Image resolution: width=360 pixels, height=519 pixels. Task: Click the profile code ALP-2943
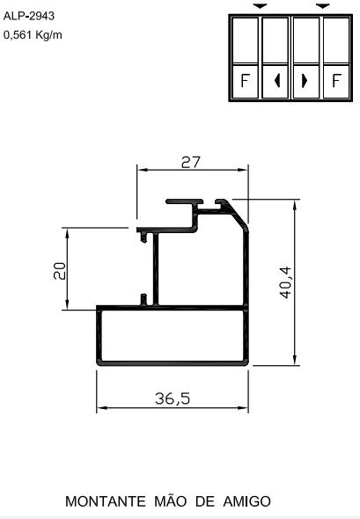coord(29,15)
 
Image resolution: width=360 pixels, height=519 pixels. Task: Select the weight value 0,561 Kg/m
coord(33,35)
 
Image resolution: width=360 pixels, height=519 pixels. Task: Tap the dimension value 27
coord(191,162)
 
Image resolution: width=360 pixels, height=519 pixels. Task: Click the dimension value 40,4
coord(283,281)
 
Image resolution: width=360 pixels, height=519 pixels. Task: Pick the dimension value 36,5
coord(173,398)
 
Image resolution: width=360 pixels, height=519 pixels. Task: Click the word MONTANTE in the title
coord(105,501)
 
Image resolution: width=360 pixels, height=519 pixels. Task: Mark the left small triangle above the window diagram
coord(260,5)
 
